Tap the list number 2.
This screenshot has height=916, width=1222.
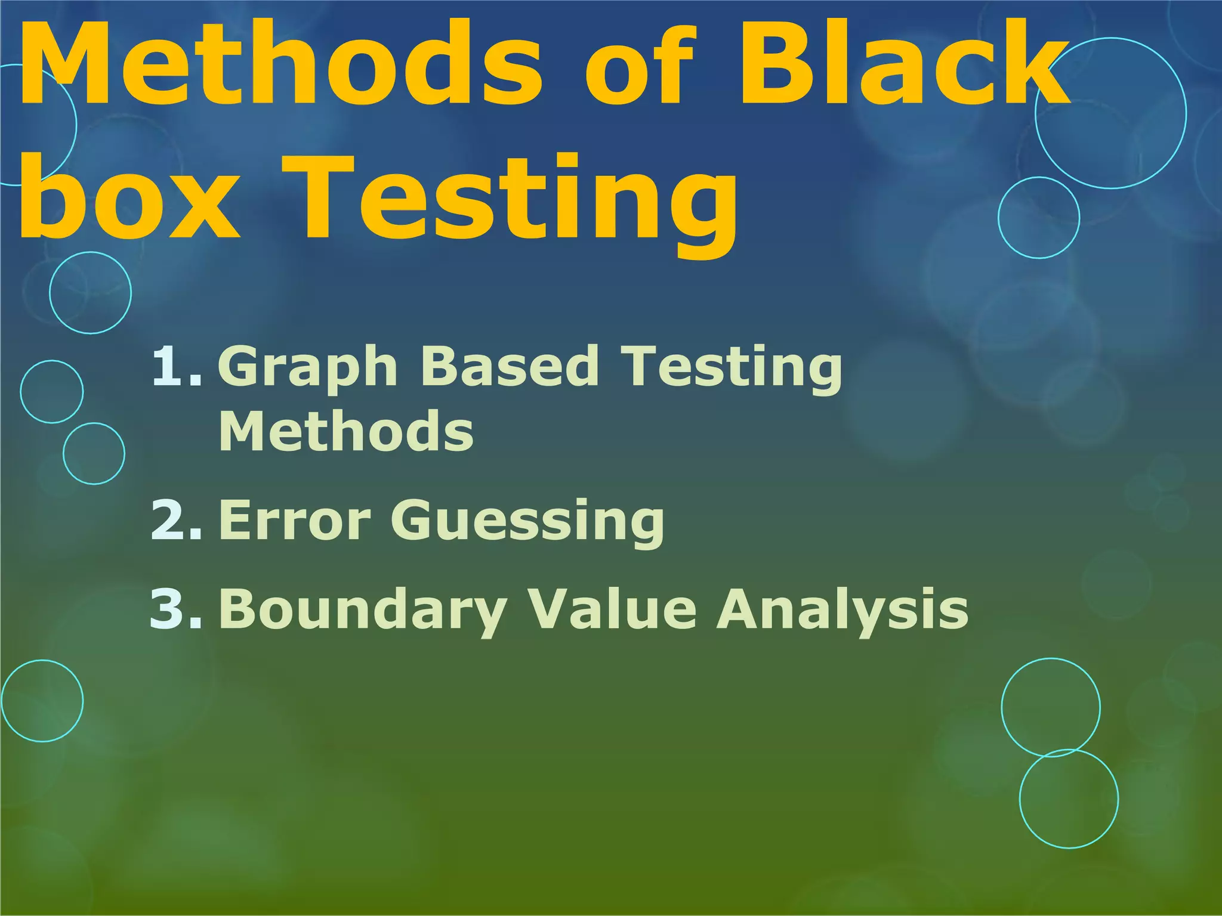pos(176,520)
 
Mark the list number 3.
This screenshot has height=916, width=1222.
pos(176,608)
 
